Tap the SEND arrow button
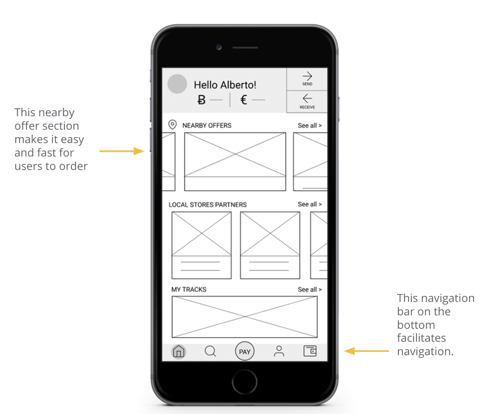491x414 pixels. pos(307,79)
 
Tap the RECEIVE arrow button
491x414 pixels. pos(307,102)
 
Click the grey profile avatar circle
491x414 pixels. pos(177,84)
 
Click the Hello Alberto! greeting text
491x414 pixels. pos(225,85)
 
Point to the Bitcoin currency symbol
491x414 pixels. pos(201,100)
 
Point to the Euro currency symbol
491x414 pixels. pos(244,100)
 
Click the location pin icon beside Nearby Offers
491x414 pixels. pos(172,125)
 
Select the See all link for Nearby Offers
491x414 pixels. pos(310,125)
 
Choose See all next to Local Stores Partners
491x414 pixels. pos(310,204)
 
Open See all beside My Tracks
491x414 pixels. pos(310,289)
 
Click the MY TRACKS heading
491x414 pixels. pos(189,289)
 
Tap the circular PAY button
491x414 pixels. pos(245,351)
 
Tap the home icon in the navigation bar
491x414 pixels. pos(178,351)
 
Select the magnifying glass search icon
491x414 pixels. pos(210,351)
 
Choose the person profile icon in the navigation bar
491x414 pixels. pos(279,351)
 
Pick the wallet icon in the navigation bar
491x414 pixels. pos(310,351)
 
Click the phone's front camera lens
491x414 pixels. pos(219,47)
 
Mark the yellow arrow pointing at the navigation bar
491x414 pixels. pos(367,351)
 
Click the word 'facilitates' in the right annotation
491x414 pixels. pos(422,338)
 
